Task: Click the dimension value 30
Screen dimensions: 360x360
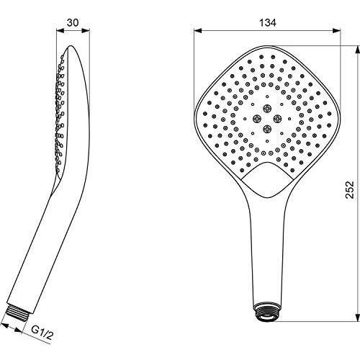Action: (73, 23)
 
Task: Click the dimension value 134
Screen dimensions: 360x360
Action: (268, 23)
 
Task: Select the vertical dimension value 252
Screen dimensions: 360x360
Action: (350, 189)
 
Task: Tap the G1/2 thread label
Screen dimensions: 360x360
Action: (42, 333)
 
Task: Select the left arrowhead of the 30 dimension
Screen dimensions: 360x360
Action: (60, 30)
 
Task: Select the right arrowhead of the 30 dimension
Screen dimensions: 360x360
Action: (86, 30)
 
